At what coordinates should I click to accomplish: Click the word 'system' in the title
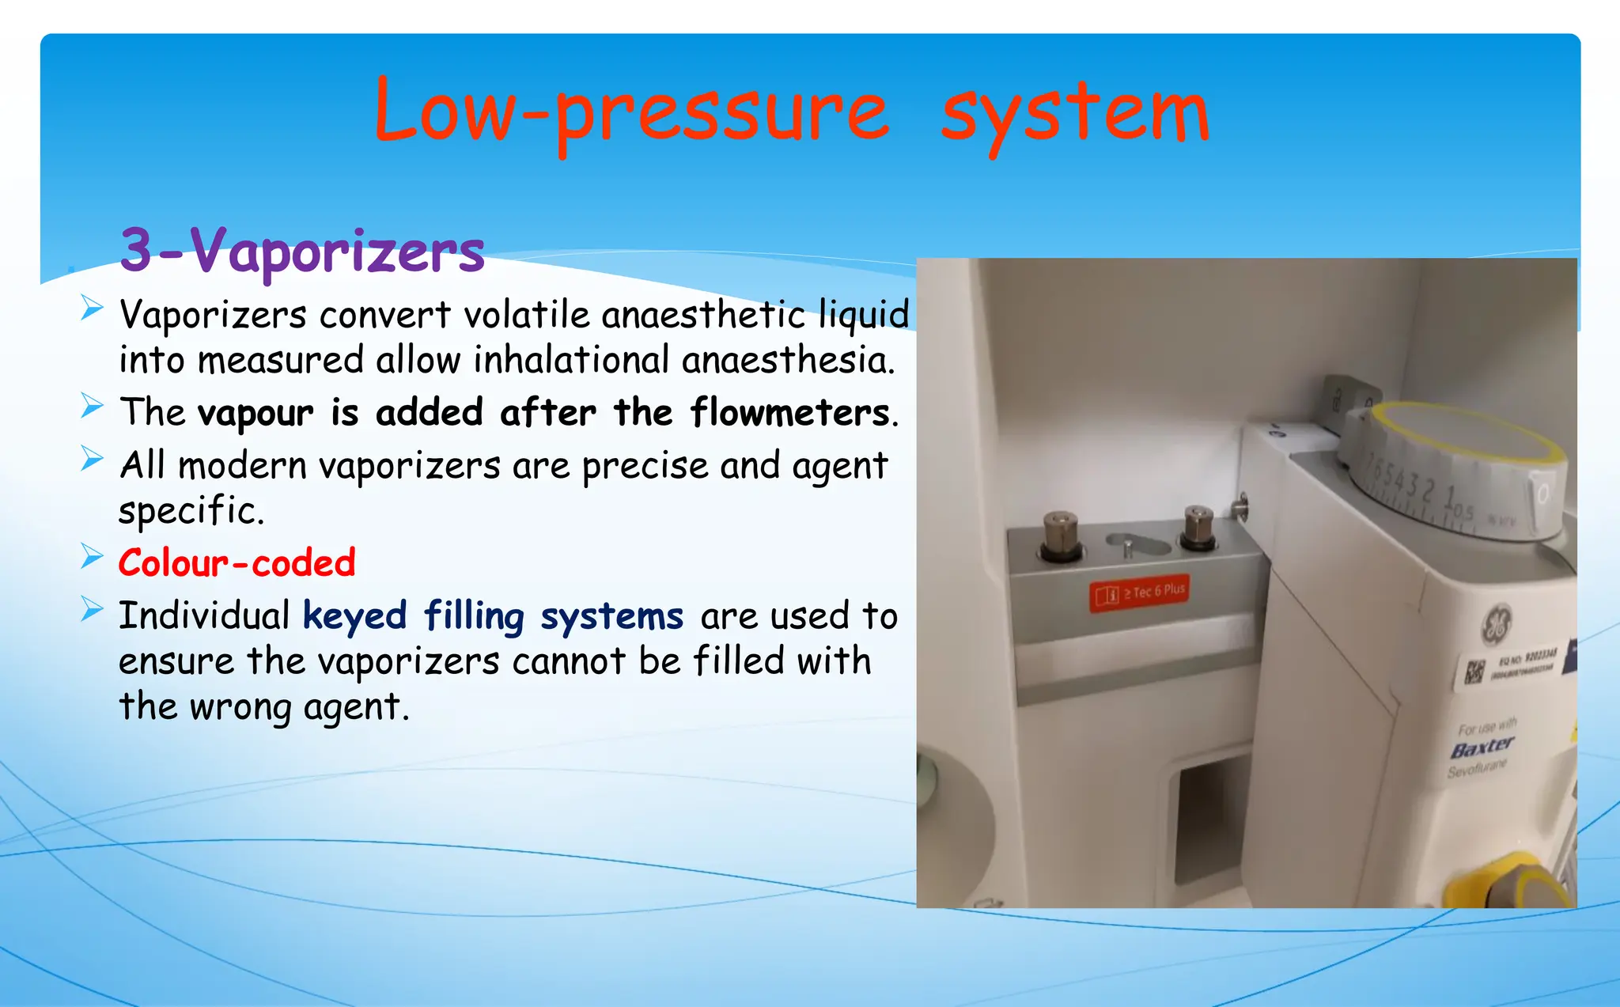click(x=1075, y=115)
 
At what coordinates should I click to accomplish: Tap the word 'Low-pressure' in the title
click(x=631, y=113)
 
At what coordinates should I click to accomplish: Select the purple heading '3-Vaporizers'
click(x=302, y=250)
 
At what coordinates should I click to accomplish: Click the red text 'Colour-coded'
click(x=237, y=563)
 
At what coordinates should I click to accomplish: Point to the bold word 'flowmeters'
click(x=789, y=413)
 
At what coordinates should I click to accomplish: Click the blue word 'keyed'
click(x=354, y=616)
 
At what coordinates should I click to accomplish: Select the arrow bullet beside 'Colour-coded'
click(x=92, y=557)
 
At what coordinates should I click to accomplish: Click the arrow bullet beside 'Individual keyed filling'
click(x=92, y=609)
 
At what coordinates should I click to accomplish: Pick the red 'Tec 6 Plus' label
click(x=1139, y=592)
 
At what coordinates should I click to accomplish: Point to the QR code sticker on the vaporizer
click(x=1473, y=672)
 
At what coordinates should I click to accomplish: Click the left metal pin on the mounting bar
click(x=1061, y=536)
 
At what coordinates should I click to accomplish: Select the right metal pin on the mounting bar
click(x=1198, y=527)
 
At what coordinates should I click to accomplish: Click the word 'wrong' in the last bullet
click(x=240, y=707)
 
